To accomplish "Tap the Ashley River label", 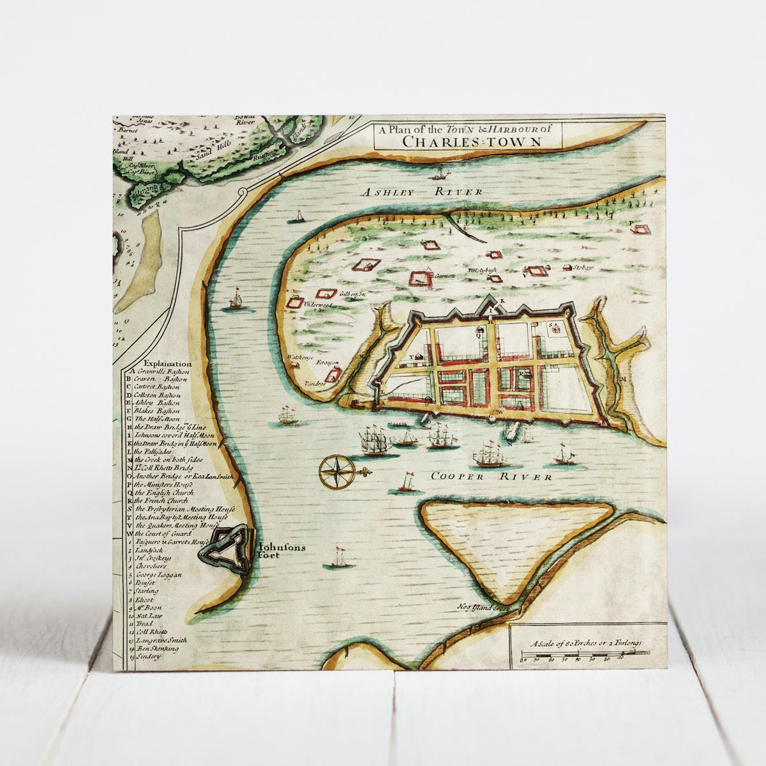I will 421,192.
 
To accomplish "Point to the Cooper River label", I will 491,476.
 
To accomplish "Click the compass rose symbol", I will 336,472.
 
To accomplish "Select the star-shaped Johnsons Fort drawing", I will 225,549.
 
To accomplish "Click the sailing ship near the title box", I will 439,173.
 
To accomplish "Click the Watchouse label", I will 299,357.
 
